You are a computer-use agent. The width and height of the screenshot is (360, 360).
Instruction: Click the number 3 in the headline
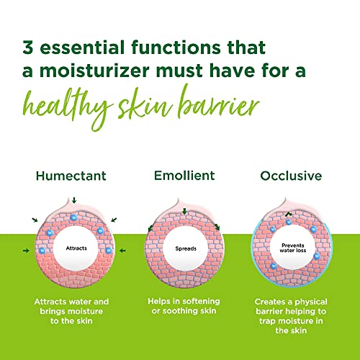pyautogui.click(x=35, y=50)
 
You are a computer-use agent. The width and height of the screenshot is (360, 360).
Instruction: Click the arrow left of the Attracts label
pyautogui.click(x=26, y=250)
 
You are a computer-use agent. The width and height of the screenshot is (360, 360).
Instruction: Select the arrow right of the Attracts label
pyautogui.click(x=121, y=250)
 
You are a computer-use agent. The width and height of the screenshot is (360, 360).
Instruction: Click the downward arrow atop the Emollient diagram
pyautogui.click(x=184, y=211)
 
